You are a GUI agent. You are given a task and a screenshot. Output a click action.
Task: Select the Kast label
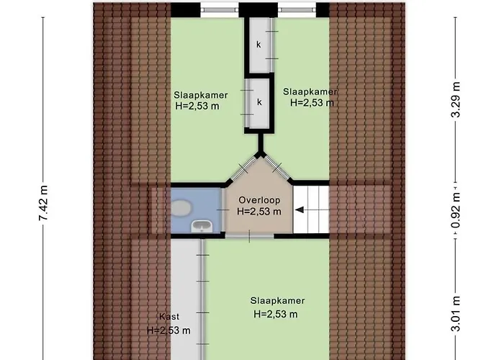coord(169,317)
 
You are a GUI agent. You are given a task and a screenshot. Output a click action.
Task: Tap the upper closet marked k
coord(259,45)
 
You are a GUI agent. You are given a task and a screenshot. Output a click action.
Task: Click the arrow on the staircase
coord(302,210)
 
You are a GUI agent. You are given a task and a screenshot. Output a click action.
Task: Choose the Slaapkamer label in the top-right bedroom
coord(310,91)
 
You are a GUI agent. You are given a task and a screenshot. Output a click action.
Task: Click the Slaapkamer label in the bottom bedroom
coord(277,301)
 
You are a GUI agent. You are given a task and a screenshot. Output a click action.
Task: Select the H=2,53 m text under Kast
coord(168,330)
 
